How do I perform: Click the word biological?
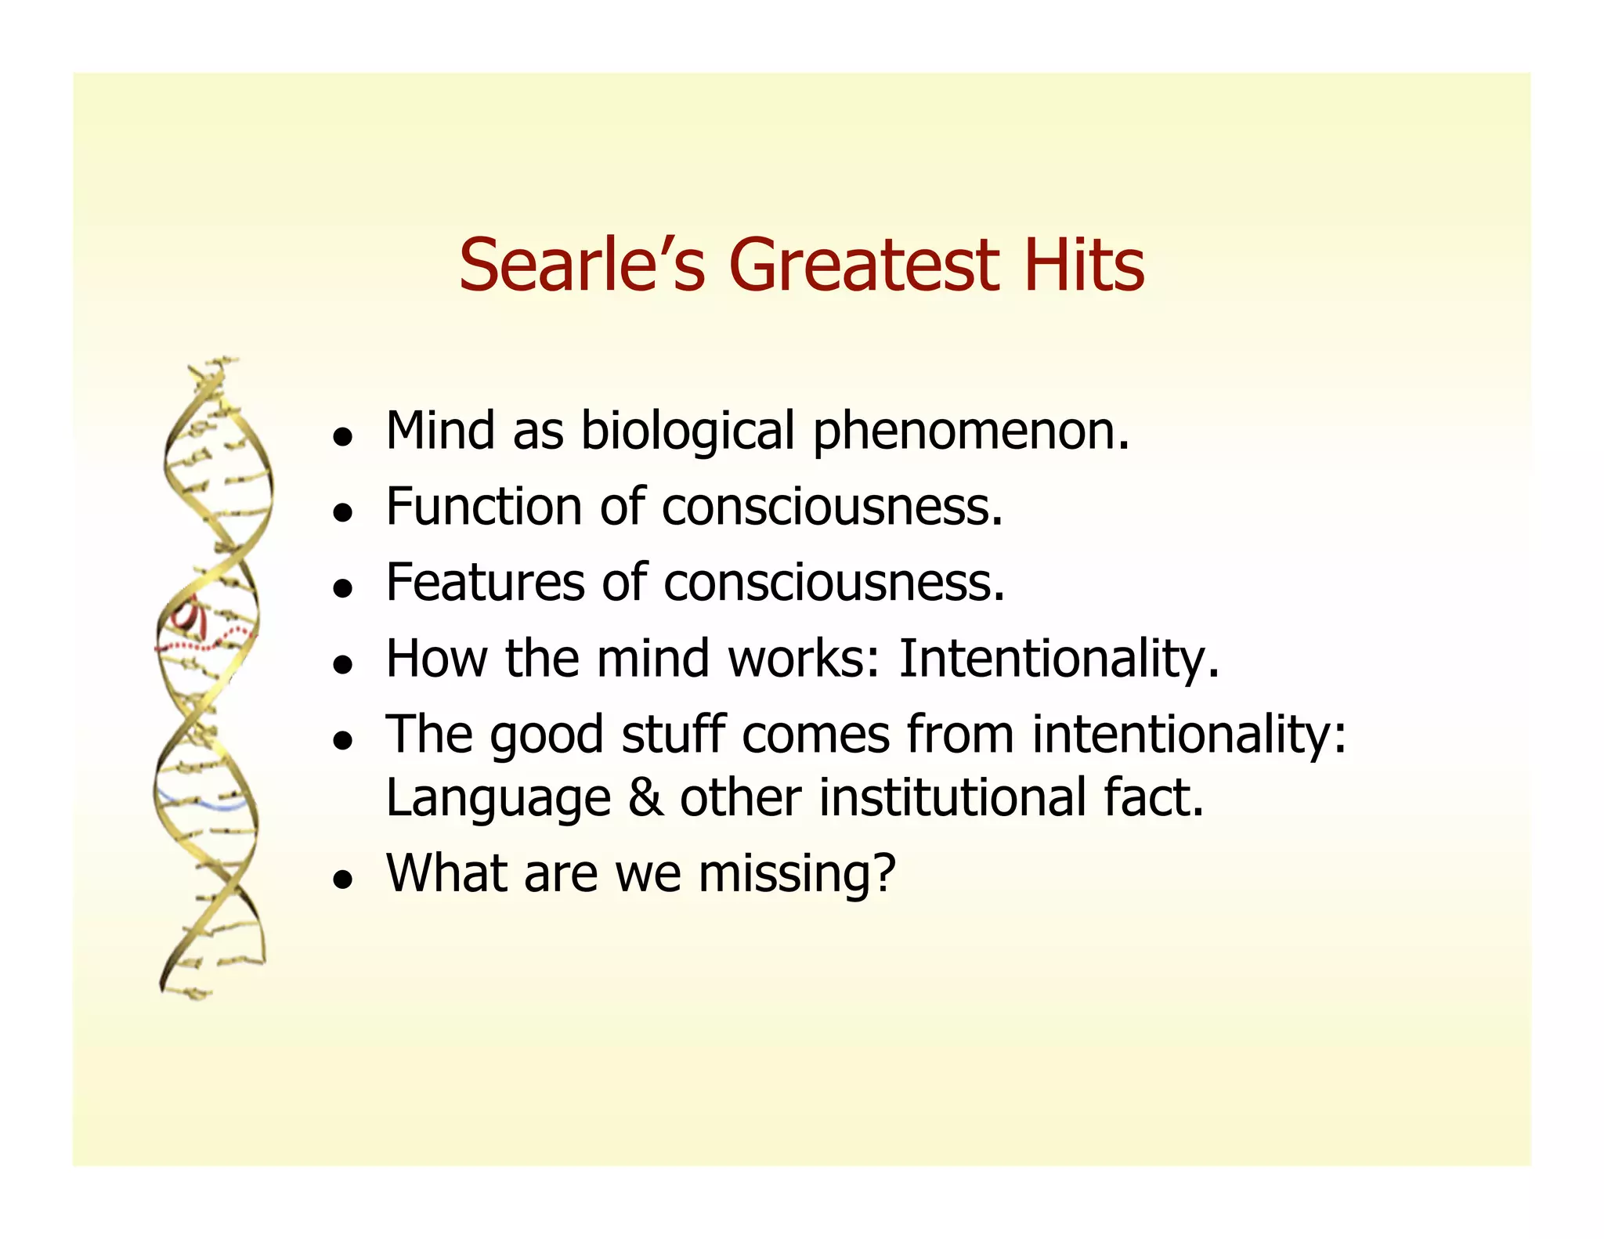point(688,432)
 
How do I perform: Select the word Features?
point(485,583)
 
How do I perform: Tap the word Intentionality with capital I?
point(1058,659)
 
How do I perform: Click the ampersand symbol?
point(645,798)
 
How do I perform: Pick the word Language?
point(498,798)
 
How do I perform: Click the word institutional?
point(952,798)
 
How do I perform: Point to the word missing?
point(797,873)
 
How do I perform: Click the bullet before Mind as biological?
point(341,438)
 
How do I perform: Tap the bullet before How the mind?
point(341,665)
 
